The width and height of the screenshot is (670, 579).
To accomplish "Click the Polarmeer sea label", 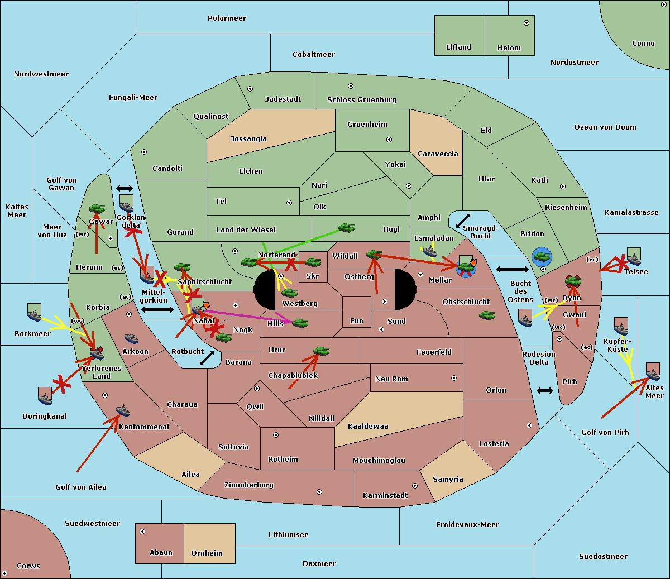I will click(227, 18).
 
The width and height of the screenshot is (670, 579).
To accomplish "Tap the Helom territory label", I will click(509, 48).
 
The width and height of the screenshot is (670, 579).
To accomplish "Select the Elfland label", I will click(458, 47).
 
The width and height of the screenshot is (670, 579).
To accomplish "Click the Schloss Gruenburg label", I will click(361, 100).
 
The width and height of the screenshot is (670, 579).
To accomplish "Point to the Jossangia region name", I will click(248, 139).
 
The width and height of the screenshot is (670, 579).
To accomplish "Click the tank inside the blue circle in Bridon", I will click(542, 257).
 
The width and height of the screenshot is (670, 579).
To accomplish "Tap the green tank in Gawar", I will click(97, 209).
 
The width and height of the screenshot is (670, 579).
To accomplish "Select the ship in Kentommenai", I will click(123, 411).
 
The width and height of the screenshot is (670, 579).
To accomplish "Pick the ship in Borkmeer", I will click(34, 313).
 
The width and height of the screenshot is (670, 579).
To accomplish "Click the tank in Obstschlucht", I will click(487, 315).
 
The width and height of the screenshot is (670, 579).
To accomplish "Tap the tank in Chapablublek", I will click(321, 351).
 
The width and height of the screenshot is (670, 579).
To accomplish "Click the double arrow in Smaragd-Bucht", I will click(463, 221).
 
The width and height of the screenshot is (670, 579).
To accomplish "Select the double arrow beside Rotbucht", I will click(207, 358).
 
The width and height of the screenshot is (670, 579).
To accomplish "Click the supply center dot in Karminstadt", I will click(414, 486).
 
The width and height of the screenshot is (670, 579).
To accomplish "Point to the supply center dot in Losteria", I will click(529, 425).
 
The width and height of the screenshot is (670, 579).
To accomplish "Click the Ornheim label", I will click(207, 553).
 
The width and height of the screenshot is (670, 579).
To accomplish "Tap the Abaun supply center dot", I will click(142, 532).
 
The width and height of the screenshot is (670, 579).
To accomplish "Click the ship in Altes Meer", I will click(652, 371).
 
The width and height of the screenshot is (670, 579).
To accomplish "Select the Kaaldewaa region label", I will click(368, 427).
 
